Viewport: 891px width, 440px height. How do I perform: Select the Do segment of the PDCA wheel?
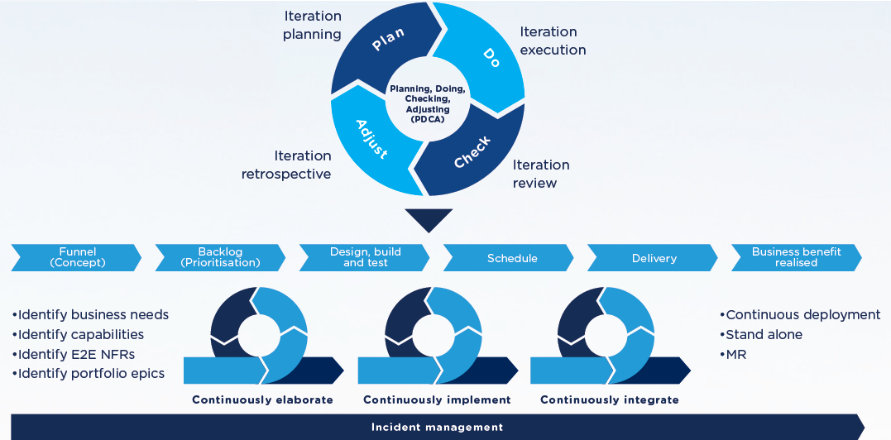[488, 56]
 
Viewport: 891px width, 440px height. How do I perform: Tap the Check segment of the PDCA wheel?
[472, 153]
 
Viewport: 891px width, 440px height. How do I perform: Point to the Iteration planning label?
[312, 25]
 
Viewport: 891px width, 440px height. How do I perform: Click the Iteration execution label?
[553, 41]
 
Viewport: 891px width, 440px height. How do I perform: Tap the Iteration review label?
[540, 174]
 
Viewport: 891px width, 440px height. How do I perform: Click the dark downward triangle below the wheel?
[429, 219]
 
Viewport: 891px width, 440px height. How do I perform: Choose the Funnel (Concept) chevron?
[77, 257]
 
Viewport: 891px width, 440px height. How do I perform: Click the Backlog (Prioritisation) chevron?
[220, 257]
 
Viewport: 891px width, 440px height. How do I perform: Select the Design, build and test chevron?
[365, 257]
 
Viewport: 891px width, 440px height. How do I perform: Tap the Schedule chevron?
[511, 258]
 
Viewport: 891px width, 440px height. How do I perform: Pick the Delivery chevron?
[654, 258]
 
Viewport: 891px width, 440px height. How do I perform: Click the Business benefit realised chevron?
[796, 257]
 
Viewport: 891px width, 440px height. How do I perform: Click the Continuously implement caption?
[437, 399]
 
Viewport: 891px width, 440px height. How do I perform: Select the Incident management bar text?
[436, 427]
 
